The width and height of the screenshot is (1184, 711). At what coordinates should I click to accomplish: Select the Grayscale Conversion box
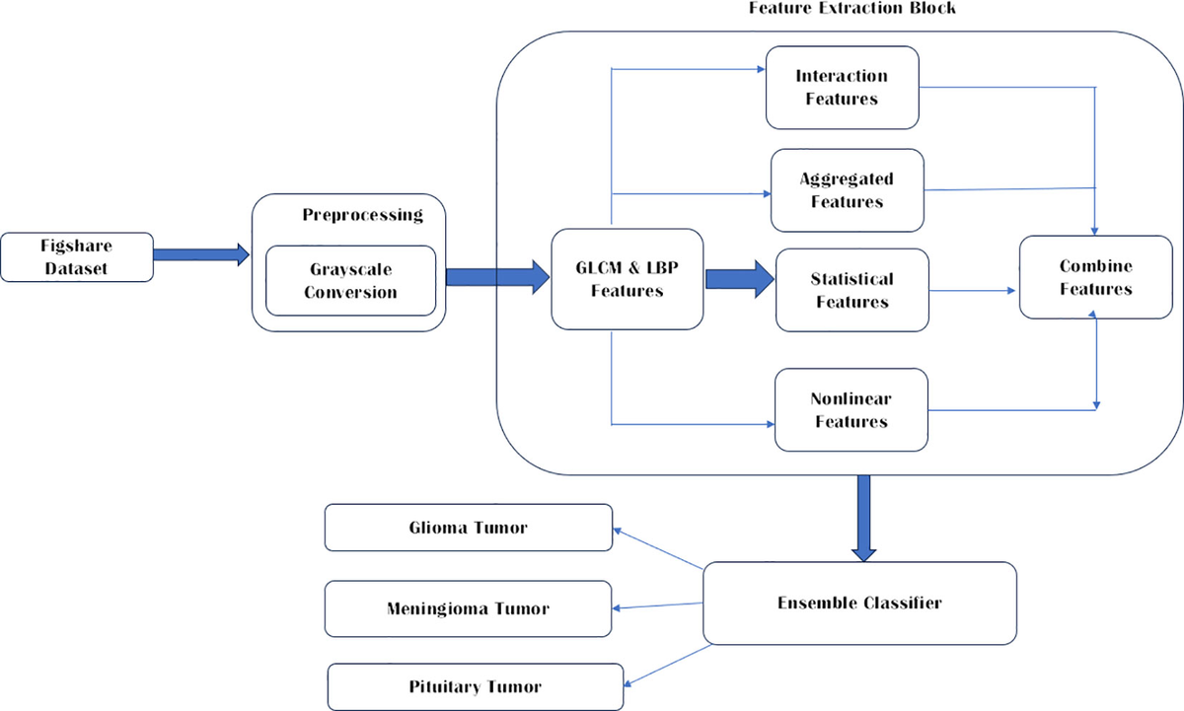pyautogui.click(x=350, y=280)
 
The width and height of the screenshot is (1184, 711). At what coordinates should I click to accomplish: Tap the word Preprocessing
pyautogui.click(x=362, y=214)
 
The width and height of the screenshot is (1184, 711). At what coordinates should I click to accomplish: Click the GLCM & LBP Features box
pyautogui.click(x=627, y=279)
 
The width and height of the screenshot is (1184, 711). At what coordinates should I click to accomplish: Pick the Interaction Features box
pyautogui.click(x=842, y=87)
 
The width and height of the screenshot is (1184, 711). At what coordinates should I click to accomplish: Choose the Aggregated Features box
pyautogui.click(x=847, y=189)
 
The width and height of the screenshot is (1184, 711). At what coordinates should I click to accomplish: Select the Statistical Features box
pyautogui.click(x=851, y=290)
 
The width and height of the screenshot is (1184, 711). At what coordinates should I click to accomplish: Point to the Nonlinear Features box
pyautogui.click(x=851, y=410)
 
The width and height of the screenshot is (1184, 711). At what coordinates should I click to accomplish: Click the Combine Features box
pyautogui.click(x=1095, y=277)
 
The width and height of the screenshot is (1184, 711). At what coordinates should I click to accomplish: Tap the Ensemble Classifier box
pyautogui.click(x=858, y=603)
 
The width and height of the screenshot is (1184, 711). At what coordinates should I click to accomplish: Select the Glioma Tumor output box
pyautogui.click(x=468, y=528)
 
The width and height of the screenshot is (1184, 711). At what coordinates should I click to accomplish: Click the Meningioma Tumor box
pyautogui.click(x=468, y=607)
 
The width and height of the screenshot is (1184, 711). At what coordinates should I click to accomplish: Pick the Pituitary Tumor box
pyautogui.click(x=475, y=686)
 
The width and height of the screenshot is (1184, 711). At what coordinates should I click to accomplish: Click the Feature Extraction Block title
pyautogui.click(x=852, y=8)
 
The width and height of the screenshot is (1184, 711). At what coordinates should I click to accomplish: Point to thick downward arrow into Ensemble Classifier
pyautogui.click(x=864, y=518)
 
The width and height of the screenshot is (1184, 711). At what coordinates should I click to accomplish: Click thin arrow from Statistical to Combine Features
pyautogui.click(x=973, y=291)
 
